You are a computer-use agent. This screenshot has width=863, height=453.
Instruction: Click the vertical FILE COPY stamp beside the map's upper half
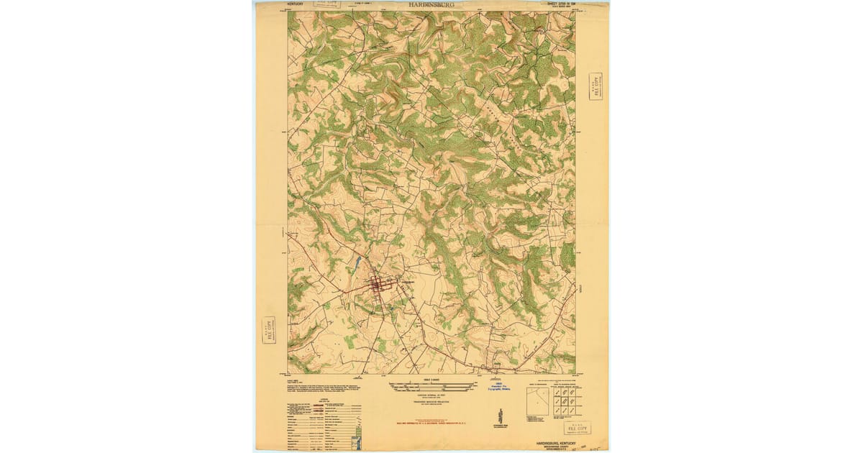click(595, 86)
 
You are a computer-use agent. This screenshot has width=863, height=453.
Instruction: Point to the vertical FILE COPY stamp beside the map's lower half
click(269, 330)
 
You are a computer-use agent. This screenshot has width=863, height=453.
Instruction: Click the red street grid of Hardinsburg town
click(377, 286)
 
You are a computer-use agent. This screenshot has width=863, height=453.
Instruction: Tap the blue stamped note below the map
click(503, 389)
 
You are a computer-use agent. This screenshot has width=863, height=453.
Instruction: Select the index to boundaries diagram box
click(536, 403)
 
